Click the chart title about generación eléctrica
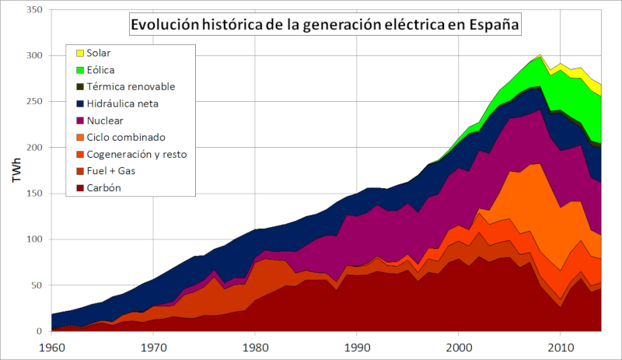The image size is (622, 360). [324, 24]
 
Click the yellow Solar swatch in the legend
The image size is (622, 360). [79, 54]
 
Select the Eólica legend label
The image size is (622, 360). [100, 70]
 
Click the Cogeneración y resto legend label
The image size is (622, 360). [137, 154]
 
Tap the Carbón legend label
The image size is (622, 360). [105, 188]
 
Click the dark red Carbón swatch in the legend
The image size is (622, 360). [79, 188]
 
